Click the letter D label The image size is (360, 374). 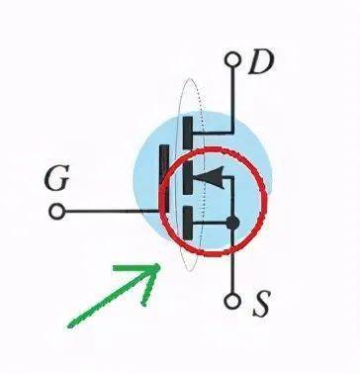(x=261, y=61)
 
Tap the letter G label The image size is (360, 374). (x=56, y=177)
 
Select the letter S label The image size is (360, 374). (x=262, y=304)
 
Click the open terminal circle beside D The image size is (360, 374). (x=232, y=60)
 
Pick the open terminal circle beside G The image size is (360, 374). (x=57, y=212)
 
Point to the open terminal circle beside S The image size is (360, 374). (x=232, y=301)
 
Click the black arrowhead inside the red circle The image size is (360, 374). (x=210, y=178)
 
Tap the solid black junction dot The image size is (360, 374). (x=232, y=223)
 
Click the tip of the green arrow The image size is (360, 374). (x=160, y=264)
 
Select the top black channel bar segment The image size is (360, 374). (x=188, y=133)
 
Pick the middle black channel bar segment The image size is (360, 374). (x=188, y=178)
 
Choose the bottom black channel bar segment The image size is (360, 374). (x=188, y=223)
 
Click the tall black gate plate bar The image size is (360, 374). (x=164, y=178)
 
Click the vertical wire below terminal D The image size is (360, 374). (x=233, y=100)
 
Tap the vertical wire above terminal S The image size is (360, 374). (x=232, y=261)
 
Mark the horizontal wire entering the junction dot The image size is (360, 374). (x=210, y=224)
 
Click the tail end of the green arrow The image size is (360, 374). (x=69, y=327)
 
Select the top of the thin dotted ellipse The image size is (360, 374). (x=189, y=78)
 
